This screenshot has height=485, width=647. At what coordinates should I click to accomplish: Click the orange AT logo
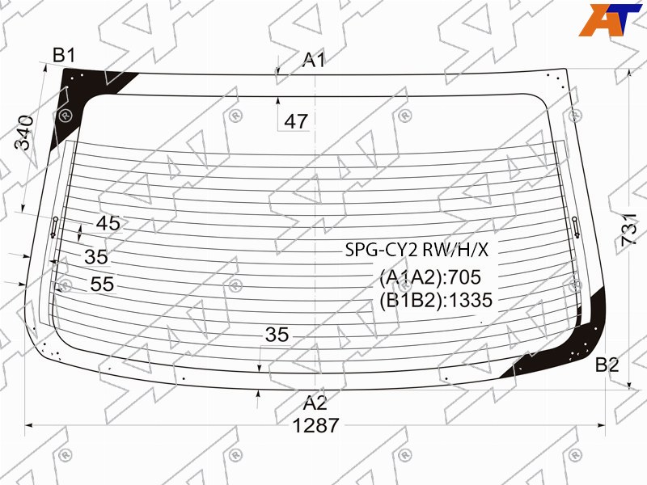click(610, 19)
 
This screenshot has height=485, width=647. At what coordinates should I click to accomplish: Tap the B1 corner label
click(64, 55)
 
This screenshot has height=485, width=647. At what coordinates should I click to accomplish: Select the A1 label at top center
click(314, 60)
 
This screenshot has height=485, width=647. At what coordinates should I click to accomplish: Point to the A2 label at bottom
click(315, 403)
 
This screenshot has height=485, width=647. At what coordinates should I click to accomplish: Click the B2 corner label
click(607, 365)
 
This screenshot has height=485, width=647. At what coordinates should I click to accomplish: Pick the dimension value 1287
click(315, 426)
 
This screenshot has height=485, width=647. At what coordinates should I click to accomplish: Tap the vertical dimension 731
click(630, 230)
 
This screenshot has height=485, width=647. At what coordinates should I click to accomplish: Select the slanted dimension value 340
click(24, 133)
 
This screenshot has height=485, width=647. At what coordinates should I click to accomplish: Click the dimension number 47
click(296, 121)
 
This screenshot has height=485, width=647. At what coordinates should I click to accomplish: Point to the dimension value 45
click(108, 223)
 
